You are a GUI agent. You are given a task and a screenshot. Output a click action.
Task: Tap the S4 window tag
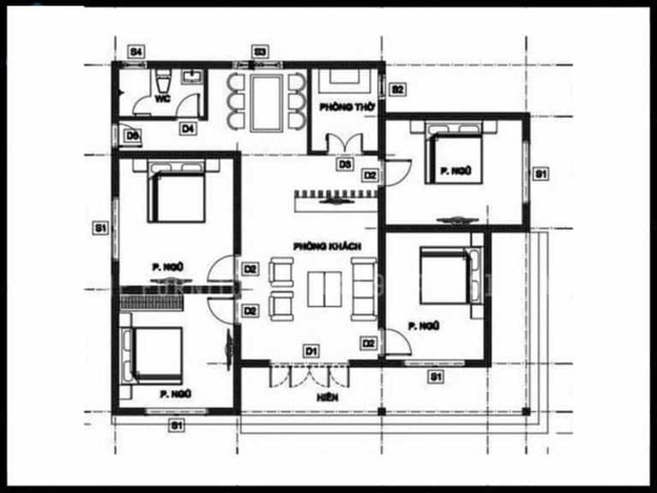tap(136, 52)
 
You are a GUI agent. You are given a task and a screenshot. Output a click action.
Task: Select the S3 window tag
tap(260, 52)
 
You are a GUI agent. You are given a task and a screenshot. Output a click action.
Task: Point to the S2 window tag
tap(397, 88)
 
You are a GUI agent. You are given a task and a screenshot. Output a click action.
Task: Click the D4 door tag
tap(187, 128)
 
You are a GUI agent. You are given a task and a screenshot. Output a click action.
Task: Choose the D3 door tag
tap(345, 164)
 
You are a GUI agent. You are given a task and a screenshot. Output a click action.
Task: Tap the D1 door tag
tap(311, 351)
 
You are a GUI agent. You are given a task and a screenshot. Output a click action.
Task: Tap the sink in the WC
tap(194, 78)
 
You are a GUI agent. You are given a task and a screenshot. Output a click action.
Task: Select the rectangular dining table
tap(265, 102)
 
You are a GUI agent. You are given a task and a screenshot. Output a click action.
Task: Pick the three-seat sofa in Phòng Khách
tap(362, 286)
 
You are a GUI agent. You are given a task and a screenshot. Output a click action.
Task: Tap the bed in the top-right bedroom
tap(454, 152)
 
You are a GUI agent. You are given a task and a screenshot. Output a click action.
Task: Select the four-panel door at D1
tap(310, 374)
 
